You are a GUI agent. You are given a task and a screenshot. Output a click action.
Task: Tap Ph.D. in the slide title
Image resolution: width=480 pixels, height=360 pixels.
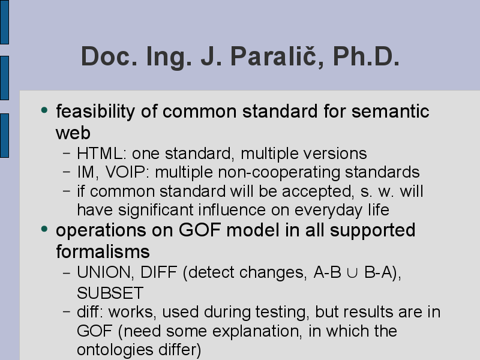click(x=366, y=56)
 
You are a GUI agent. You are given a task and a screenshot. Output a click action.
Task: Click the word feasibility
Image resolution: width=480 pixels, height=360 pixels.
click(x=95, y=112)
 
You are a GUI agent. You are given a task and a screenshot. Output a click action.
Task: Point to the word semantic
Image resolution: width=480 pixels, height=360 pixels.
click(x=391, y=111)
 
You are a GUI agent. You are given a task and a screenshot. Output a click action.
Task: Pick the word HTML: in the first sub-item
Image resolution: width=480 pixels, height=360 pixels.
click(x=101, y=154)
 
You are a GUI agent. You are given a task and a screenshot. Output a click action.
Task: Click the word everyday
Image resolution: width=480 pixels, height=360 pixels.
click(x=328, y=211)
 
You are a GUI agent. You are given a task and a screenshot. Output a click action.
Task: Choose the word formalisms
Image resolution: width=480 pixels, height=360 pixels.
click(x=103, y=251)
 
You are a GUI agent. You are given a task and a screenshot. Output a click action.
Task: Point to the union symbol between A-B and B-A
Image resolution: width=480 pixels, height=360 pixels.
click(x=352, y=273)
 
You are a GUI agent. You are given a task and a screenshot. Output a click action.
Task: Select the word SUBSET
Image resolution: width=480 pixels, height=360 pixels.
click(x=110, y=293)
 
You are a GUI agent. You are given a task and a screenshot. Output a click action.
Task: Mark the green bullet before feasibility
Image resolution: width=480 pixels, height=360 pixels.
click(x=44, y=110)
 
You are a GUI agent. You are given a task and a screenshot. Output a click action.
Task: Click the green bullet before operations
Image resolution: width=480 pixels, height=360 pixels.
click(x=44, y=229)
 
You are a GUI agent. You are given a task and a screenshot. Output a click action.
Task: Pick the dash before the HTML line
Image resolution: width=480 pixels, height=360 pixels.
click(x=67, y=153)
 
